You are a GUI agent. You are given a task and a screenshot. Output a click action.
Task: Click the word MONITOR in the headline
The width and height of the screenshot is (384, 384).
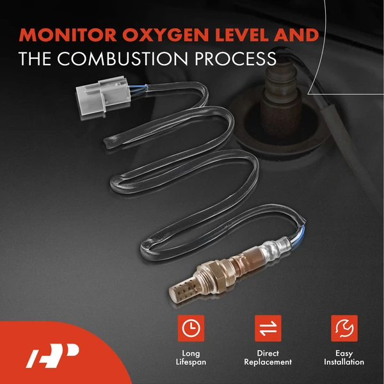pos(68,35)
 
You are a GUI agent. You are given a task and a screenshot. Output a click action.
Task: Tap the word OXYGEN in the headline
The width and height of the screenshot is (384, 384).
pos(166,35)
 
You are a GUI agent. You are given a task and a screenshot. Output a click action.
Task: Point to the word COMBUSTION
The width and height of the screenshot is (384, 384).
pos(122,58)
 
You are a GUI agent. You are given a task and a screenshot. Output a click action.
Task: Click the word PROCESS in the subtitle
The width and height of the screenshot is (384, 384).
pos(236,58)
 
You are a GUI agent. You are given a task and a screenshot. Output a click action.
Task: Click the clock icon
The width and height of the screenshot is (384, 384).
pos(191,328)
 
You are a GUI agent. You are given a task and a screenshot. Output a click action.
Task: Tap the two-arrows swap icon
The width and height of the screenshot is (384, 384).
pos(268,328)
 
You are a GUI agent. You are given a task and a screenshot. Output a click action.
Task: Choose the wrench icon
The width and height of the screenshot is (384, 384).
pos(344,328)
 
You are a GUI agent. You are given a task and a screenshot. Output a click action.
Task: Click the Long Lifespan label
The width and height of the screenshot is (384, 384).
pos(191,358)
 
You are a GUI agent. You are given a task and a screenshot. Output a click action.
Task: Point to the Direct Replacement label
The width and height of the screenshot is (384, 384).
pos(268,358)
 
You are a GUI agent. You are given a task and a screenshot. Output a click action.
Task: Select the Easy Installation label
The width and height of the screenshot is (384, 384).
pos(344,358)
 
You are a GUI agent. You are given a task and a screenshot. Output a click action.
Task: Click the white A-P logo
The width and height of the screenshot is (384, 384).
pos(52,356)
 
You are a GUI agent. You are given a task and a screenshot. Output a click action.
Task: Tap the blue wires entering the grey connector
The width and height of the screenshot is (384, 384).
pos(138,89)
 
